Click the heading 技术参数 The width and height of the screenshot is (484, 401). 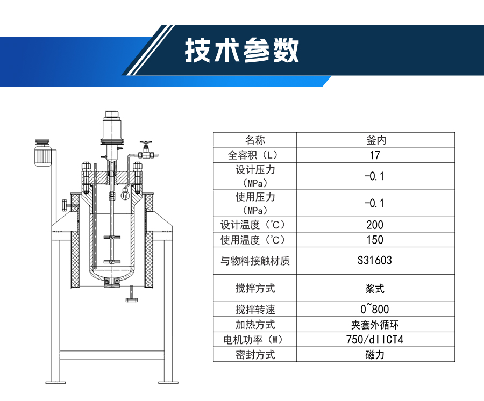tap(241, 52)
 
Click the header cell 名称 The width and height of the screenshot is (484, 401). tap(255, 140)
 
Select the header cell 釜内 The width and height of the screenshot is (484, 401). tap(375, 140)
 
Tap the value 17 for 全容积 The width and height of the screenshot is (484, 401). tap(375, 155)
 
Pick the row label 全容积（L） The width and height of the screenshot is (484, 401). tap(255, 155)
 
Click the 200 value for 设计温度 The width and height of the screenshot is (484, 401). tap(375, 225)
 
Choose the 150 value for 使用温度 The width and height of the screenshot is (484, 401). tap(375, 240)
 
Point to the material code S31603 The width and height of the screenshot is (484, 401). tap(375, 261)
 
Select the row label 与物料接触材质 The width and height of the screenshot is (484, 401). tap(255, 261)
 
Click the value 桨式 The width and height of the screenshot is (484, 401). tap(375, 289)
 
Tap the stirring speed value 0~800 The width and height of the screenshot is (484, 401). tap(375, 309)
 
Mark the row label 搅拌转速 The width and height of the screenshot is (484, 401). tap(255, 310)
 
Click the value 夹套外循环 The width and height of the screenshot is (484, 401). tap(375, 325)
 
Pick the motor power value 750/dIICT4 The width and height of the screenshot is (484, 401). tap(375, 340)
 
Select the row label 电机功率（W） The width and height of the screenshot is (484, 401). tap(255, 340)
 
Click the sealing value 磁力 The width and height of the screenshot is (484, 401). tap(375, 355)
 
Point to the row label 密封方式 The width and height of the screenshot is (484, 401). tap(255, 355)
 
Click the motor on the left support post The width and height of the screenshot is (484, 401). tap(42, 153)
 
